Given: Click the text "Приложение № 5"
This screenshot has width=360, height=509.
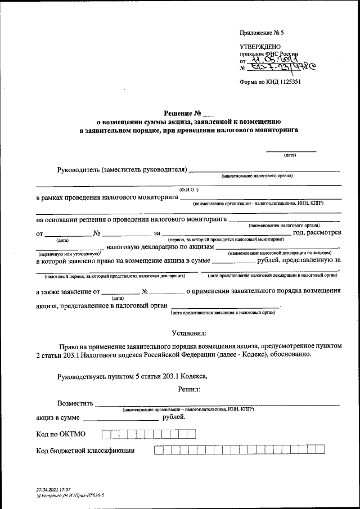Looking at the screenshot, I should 262,33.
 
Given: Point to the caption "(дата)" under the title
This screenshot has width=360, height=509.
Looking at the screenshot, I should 290,155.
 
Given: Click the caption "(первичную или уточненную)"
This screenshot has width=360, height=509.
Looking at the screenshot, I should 62,254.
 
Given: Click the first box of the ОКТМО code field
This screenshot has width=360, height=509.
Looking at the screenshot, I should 106,434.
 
